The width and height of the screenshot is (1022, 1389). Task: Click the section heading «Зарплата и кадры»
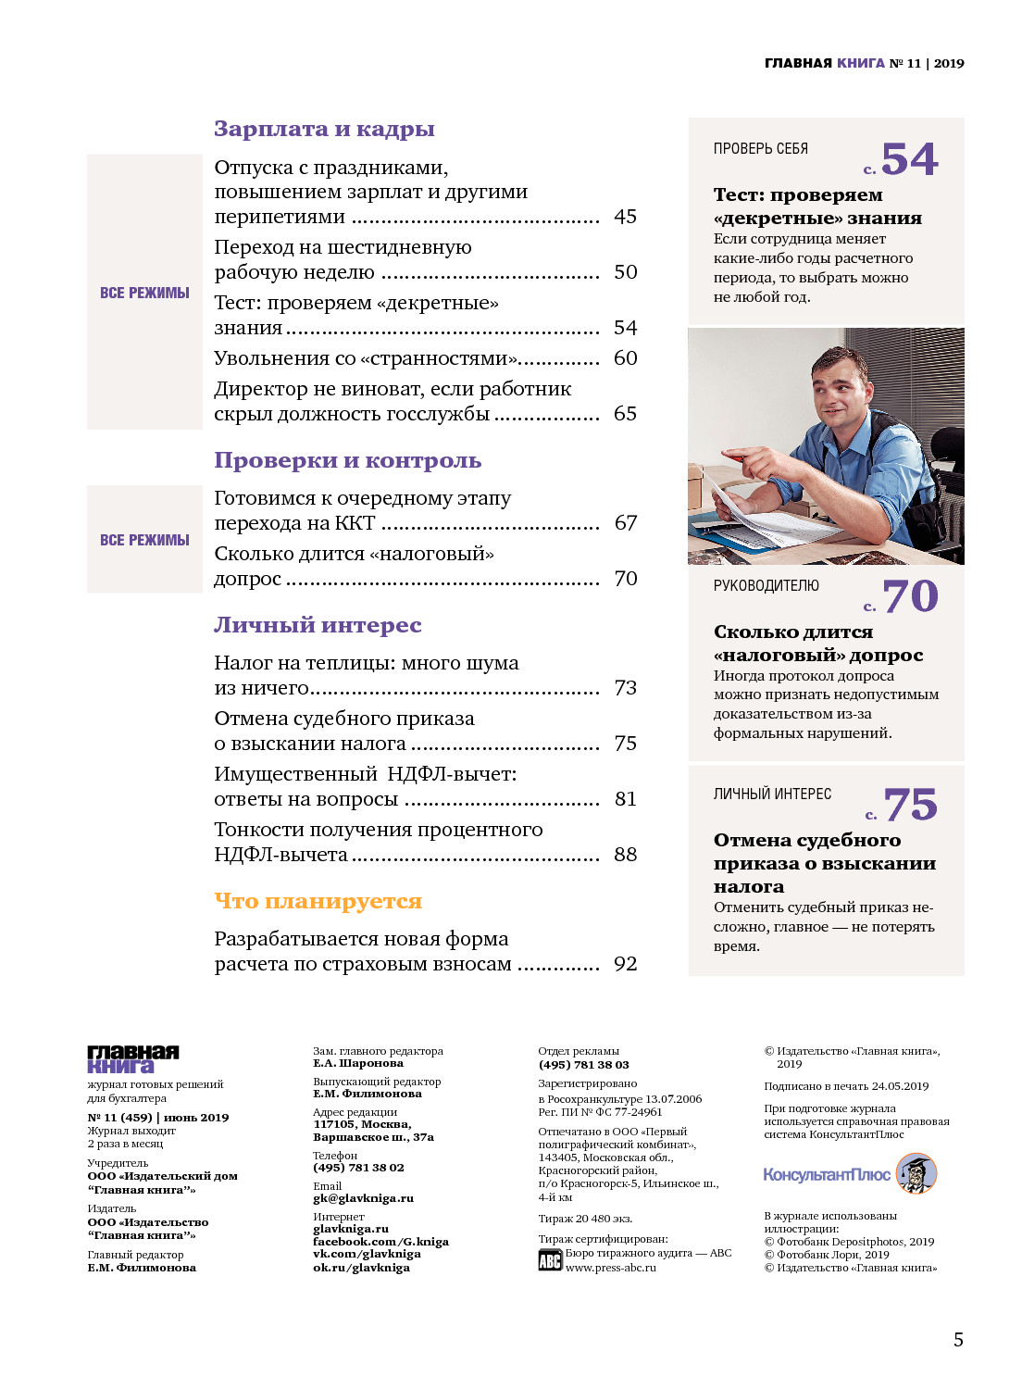point(324,129)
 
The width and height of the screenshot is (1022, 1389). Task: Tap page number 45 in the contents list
point(625,217)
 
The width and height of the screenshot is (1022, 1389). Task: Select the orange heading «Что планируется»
point(318,901)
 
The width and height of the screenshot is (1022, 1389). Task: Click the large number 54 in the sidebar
point(909,159)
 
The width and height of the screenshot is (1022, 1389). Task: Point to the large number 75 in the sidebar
point(910,805)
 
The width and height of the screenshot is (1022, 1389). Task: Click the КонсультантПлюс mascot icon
point(916,1174)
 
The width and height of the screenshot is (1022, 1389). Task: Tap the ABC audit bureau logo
point(550,1260)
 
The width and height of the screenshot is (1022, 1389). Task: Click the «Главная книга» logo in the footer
point(133,1059)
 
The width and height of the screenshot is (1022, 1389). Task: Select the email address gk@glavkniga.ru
point(363,1198)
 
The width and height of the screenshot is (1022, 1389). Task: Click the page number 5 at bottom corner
point(958,1340)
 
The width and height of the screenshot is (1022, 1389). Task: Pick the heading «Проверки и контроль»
point(347,460)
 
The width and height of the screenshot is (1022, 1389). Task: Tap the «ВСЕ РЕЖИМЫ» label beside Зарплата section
point(144,293)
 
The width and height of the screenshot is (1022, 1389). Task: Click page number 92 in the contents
point(625,964)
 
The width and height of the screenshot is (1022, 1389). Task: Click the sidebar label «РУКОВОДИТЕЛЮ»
point(766,586)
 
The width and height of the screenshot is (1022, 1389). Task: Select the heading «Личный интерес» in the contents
point(318,625)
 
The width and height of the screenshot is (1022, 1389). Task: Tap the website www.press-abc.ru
point(610,1268)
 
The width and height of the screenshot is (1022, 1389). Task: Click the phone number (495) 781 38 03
point(583,1065)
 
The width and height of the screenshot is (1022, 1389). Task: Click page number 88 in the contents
point(625,855)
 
